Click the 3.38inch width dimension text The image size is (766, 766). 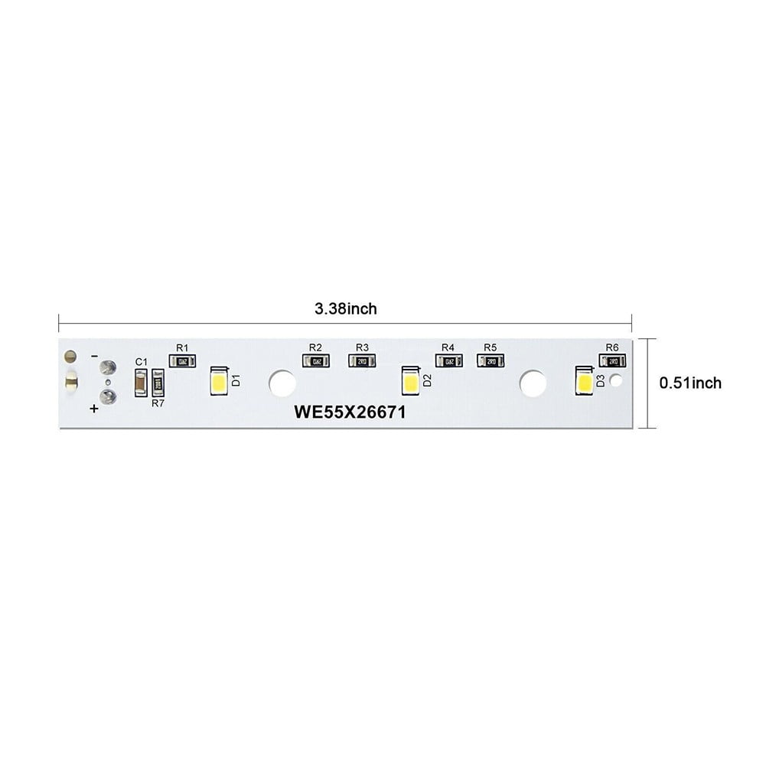point(346,309)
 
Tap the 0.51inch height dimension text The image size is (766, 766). point(690,383)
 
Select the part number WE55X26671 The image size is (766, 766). point(350,412)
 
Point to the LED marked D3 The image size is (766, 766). point(585,380)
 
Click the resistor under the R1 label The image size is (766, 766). point(182,361)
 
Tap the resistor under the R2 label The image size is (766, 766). point(315,361)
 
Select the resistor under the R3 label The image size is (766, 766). point(361,361)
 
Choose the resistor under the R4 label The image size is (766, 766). point(448,361)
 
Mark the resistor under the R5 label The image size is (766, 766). point(491,361)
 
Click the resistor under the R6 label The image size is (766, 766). point(612,361)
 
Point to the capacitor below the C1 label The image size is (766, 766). point(141,383)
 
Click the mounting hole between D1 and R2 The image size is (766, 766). point(282,383)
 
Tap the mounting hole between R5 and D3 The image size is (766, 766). point(533,383)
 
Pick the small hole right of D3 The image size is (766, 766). point(618,380)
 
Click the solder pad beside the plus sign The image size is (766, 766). point(108,396)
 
